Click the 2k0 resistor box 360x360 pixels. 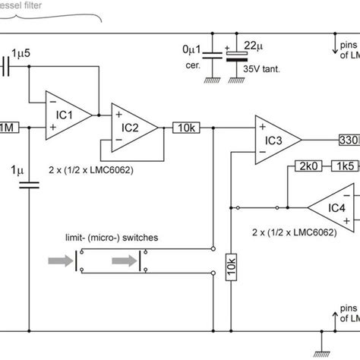(x=307, y=166)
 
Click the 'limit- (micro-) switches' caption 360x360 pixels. (x=110, y=238)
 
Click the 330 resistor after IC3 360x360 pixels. (x=349, y=141)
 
